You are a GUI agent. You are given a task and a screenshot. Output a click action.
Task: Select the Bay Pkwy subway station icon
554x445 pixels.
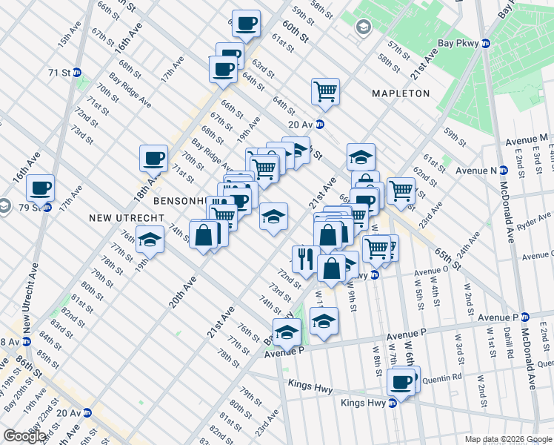[x=486, y=44]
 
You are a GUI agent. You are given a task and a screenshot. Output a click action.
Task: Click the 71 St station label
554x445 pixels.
[x=59, y=73]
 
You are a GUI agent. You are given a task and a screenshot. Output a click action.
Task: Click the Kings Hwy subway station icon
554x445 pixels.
[x=393, y=403]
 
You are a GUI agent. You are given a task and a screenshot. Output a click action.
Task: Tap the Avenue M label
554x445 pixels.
[x=527, y=139]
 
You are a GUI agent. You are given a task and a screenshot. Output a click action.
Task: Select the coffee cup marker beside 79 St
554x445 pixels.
[x=41, y=188]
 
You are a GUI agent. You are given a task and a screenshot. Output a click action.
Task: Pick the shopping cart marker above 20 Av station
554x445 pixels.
[x=325, y=92]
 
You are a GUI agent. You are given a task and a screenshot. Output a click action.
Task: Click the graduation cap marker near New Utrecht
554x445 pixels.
[x=150, y=240]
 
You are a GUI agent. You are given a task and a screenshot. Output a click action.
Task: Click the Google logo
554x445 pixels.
[x=24, y=436]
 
